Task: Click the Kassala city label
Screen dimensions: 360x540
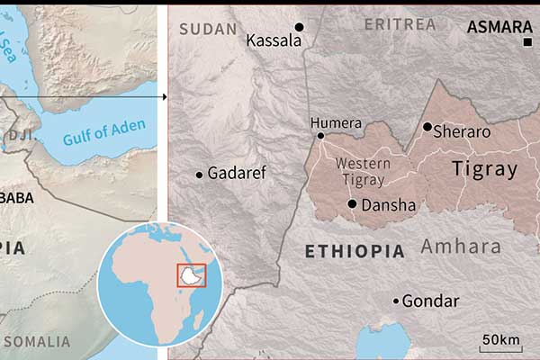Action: [x=273, y=40]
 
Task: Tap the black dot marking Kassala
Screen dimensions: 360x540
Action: [x=300, y=27]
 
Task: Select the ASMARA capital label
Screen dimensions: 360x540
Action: [x=496, y=28]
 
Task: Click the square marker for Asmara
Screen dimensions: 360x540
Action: [x=527, y=42]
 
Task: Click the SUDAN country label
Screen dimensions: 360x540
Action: [x=208, y=29]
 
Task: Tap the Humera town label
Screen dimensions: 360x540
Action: [x=336, y=123]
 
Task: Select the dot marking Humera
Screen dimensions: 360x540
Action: [x=320, y=136]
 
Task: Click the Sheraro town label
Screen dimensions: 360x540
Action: [x=462, y=131]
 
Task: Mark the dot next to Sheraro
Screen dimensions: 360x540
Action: [x=427, y=127]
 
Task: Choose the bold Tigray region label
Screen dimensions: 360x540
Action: [x=485, y=168]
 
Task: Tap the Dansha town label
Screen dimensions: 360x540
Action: [x=388, y=205]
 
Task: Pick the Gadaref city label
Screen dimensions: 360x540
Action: [x=237, y=173]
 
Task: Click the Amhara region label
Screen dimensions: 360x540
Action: [x=460, y=246]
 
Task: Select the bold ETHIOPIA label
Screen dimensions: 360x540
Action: [x=355, y=251]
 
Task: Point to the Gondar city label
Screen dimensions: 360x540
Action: [x=430, y=301]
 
